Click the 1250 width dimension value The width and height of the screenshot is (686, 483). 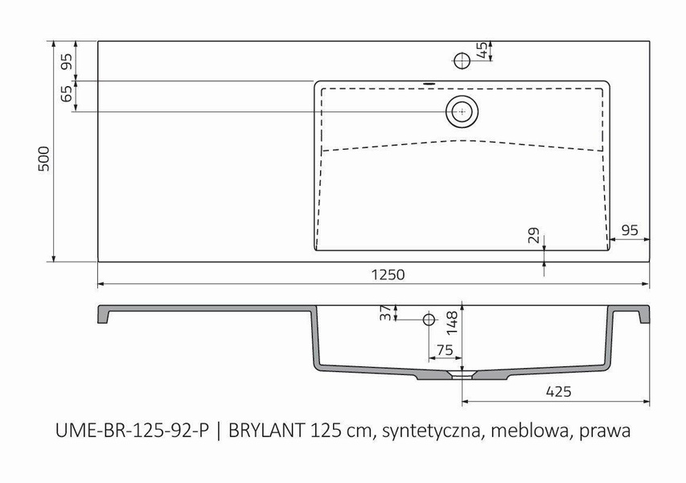tap(388, 275)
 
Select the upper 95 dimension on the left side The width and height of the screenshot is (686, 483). tap(67, 60)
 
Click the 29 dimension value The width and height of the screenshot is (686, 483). tap(533, 236)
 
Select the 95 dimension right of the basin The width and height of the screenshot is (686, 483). tap(630, 230)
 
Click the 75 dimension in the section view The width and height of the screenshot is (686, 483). tap(444, 349)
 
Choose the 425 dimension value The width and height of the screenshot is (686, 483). tap(557, 392)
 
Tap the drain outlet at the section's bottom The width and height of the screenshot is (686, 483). tap(462, 375)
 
